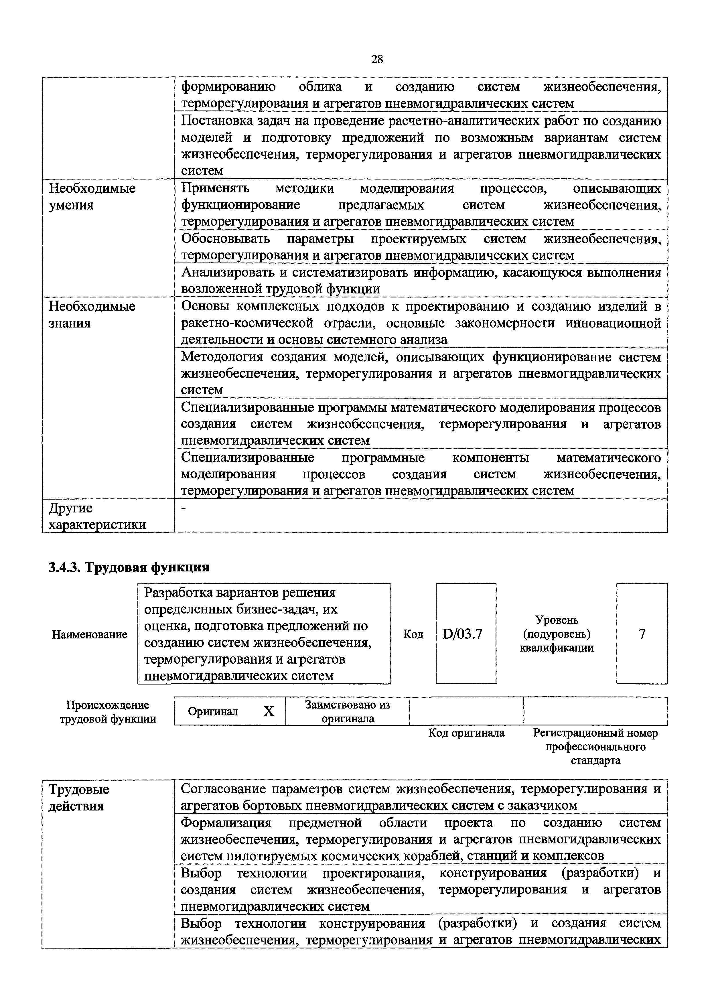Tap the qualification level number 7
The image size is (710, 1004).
642,634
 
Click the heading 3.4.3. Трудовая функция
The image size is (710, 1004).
129,567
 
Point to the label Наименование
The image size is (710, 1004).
90,634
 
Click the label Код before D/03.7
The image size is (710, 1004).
413,634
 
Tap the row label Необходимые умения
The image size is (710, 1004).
92,196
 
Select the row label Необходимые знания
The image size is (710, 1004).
92,314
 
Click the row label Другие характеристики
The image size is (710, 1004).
96,516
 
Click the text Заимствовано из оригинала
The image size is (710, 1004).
348,711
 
